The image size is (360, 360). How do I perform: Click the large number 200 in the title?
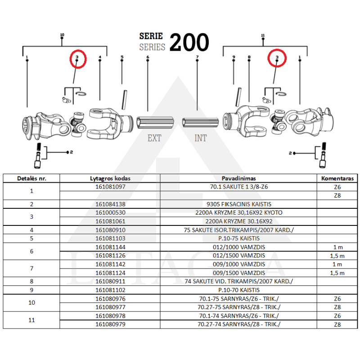click(x=189, y=42)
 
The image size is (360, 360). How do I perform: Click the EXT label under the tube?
click(x=154, y=138)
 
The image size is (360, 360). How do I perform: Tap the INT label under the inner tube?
click(x=201, y=138)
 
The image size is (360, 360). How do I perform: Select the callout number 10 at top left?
click(x=62, y=35)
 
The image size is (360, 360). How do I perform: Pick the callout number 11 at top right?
click(x=262, y=35)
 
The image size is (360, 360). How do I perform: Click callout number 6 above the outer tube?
click(x=148, y=58)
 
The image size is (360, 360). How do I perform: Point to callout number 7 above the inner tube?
click(x=197, y=58)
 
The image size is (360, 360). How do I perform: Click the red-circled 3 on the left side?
click(x=77, y=58)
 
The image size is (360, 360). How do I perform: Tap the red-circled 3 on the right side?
click(x=277, y=58)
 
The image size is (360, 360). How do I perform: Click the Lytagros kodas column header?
click(x=110, y=178)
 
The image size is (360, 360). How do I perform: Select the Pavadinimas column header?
click(x=238, y=178)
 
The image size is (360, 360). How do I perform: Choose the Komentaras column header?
click(x=337, y=178)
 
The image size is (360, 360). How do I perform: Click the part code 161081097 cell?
click(x=110, y=186)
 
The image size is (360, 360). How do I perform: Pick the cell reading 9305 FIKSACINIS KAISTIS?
click(x=238, y=204)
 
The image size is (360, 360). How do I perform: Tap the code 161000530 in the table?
click(x=110, y=212)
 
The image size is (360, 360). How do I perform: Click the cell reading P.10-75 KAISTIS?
click(x=238, y=238)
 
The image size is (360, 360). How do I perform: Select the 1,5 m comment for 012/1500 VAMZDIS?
click(x=337, y=256)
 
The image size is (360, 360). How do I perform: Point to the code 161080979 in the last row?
click(x=110, y=324)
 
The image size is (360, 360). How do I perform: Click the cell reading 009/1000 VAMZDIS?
click(x=238, y=264)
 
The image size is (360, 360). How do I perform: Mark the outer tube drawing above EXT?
click(x=154, y=122)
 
